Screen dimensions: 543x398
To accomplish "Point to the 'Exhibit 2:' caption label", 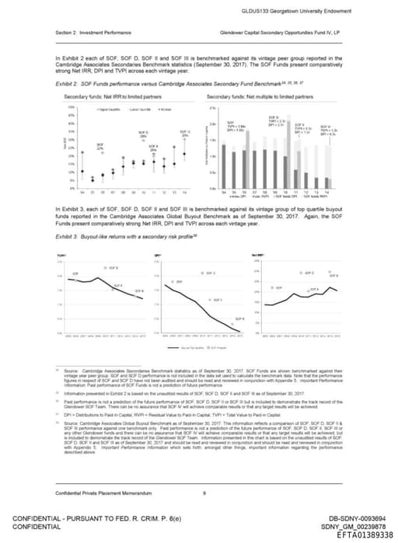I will click(x=69, y=81).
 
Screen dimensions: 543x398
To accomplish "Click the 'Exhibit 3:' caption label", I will click(x=69, y=235).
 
